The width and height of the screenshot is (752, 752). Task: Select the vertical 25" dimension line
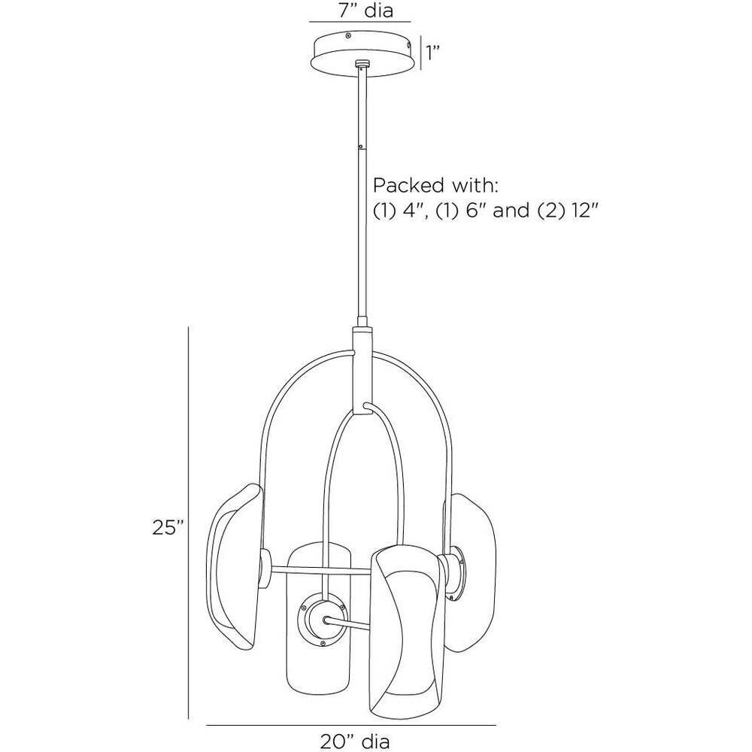189,526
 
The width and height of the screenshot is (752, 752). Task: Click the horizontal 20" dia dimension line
351,724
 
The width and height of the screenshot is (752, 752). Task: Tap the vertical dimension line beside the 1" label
420,53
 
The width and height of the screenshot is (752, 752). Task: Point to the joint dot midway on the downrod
362,146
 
